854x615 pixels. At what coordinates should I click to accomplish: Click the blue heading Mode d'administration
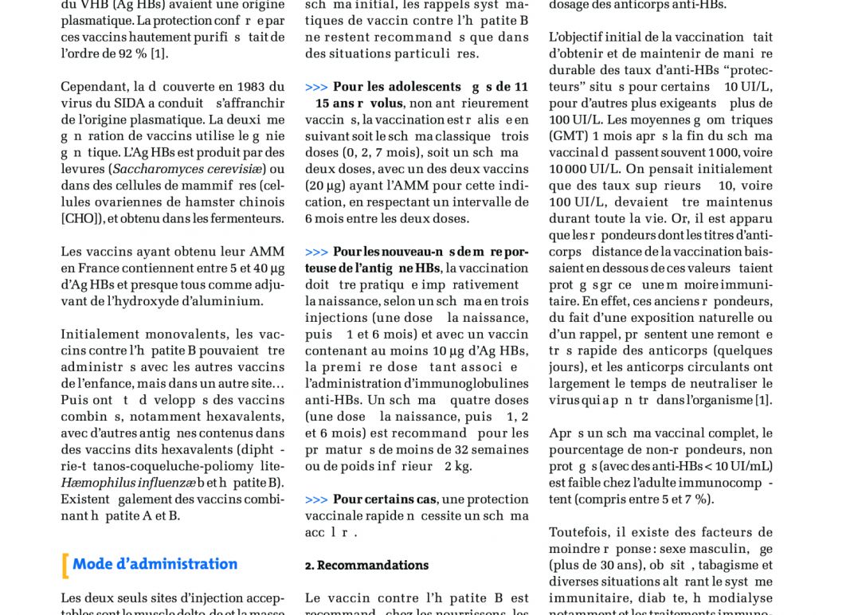pos(155,564)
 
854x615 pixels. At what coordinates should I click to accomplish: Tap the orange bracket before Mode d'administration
pos(65,565)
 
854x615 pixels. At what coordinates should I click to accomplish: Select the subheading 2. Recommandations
pos(366,566)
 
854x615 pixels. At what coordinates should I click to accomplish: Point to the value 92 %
pos(127,53)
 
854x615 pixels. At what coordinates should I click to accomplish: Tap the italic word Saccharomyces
pos(159,170)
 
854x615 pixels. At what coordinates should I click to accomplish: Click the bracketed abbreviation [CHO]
pos(81,219)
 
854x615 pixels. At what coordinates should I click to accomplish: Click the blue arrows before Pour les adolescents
pos(316,87)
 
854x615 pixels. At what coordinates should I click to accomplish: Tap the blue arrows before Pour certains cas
pos(316,499)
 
